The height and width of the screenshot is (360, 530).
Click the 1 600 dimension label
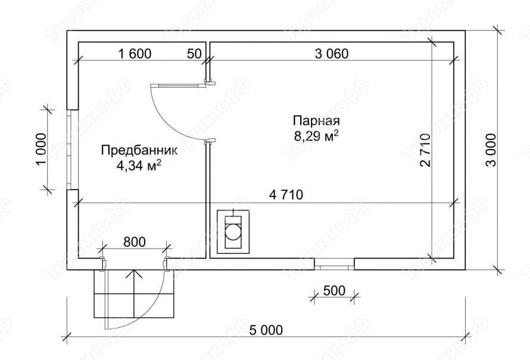click(x=135, y=54)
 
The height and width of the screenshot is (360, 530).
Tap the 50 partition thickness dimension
click(x=194, y=54)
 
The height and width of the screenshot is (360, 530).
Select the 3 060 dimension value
click(x=332, y=54)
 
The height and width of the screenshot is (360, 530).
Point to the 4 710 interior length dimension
click(x=286, y=194)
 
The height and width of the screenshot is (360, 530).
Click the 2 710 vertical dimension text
click(x=426, y=150)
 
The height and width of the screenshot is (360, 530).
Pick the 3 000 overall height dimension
click(x=491, y=150)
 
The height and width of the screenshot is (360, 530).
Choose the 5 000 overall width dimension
click(x=266, y=330)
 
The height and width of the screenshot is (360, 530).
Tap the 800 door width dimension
click(x=135, y=242)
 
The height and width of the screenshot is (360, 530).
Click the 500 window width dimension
click(x=334, y=290)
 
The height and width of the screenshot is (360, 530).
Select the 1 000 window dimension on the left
click(x=41, y=150)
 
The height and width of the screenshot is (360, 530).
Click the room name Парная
click(x=316, y=121)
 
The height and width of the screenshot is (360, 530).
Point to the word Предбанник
click(x=139, y=151)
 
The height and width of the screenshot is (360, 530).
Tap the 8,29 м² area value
click(x=316, y=136)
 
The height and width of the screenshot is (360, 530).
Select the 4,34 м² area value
click(x=139, y=166)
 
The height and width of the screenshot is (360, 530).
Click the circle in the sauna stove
click(x=233, y=232)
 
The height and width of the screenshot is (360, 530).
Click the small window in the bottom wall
click(x=334, y=264)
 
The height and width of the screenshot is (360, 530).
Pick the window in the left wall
click(x=72, y=150)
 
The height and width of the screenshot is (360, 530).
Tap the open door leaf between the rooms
click(x=177, y=85)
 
